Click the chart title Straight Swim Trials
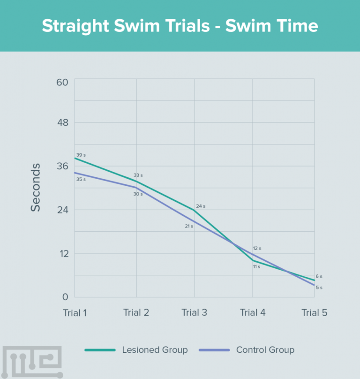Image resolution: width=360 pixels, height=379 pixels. tap(180, 26)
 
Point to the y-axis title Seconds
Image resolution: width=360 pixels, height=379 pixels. tap(36, 187)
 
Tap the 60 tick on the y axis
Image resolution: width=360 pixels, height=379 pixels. tap(62, 82)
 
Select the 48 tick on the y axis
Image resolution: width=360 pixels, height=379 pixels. tap(62, 123)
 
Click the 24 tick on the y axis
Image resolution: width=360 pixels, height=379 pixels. tap(62, 210)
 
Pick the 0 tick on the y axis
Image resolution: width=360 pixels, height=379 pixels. tap(65, 297)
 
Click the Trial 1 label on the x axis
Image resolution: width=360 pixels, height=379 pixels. tap(75, 313)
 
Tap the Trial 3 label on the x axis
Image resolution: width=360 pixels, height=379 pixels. tap(194, 313)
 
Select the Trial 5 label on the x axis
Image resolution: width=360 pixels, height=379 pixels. tap(314, 313)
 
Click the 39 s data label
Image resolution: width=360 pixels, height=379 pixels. tap(81, 155)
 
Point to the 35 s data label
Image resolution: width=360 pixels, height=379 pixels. tap(81, 179)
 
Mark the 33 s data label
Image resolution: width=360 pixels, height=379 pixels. tap(138, 175)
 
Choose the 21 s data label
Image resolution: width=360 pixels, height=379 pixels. tap(188, 226)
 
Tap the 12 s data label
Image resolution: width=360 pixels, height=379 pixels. tap(257, 248)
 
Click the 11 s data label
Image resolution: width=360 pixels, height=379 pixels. tap(256, 266)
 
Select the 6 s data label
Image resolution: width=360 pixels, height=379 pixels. tap(319, 277)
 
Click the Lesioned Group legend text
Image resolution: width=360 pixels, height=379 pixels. tap(155, 350)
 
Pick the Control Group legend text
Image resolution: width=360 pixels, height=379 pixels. tap(265, 350)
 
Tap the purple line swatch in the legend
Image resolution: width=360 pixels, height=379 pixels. tap(214, 350)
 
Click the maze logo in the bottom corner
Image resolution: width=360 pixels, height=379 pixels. tap(31, 362)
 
